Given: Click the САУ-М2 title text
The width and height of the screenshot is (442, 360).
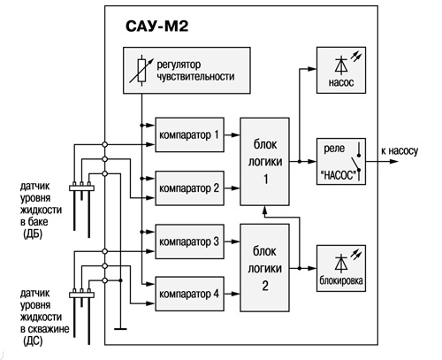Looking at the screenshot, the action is tap(156, 27).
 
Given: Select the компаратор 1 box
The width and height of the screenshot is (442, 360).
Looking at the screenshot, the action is tap(189, 134).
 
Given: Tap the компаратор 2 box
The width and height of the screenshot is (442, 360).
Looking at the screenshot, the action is tap(189, 188).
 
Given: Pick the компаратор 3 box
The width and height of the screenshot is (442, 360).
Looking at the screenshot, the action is tap(189, 241).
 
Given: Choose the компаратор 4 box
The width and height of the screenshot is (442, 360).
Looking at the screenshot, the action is tap(189, 294).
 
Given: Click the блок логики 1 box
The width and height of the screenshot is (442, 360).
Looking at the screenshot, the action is tap(264, 162).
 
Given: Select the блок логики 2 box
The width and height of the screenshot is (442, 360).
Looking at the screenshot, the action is tap(264, 268).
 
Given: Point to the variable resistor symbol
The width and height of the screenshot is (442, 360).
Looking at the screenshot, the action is tap(141, 71).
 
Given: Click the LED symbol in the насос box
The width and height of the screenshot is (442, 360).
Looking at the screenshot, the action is tap(347, 63).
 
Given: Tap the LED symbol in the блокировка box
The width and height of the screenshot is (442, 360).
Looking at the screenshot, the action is tap(347, 261).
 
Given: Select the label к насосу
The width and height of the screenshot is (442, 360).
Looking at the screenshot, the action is tap(400, 151).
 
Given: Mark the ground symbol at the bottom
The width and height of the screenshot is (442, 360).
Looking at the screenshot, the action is tap(120, 328).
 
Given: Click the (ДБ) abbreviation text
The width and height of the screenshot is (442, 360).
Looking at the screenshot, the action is tap(33, 234).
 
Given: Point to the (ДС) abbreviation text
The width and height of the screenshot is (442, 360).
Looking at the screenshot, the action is tap(33, 341).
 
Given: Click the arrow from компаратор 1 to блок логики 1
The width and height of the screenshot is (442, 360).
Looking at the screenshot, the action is tap(232, 135).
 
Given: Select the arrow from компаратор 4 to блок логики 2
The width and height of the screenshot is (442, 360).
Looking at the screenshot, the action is tap(232, 294).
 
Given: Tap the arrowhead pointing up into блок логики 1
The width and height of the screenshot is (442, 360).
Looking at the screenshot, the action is tap(264, 209).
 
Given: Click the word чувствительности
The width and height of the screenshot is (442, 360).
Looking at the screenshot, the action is tap(195, 77).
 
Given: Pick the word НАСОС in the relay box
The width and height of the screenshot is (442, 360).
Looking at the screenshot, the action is tap(339, 176).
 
